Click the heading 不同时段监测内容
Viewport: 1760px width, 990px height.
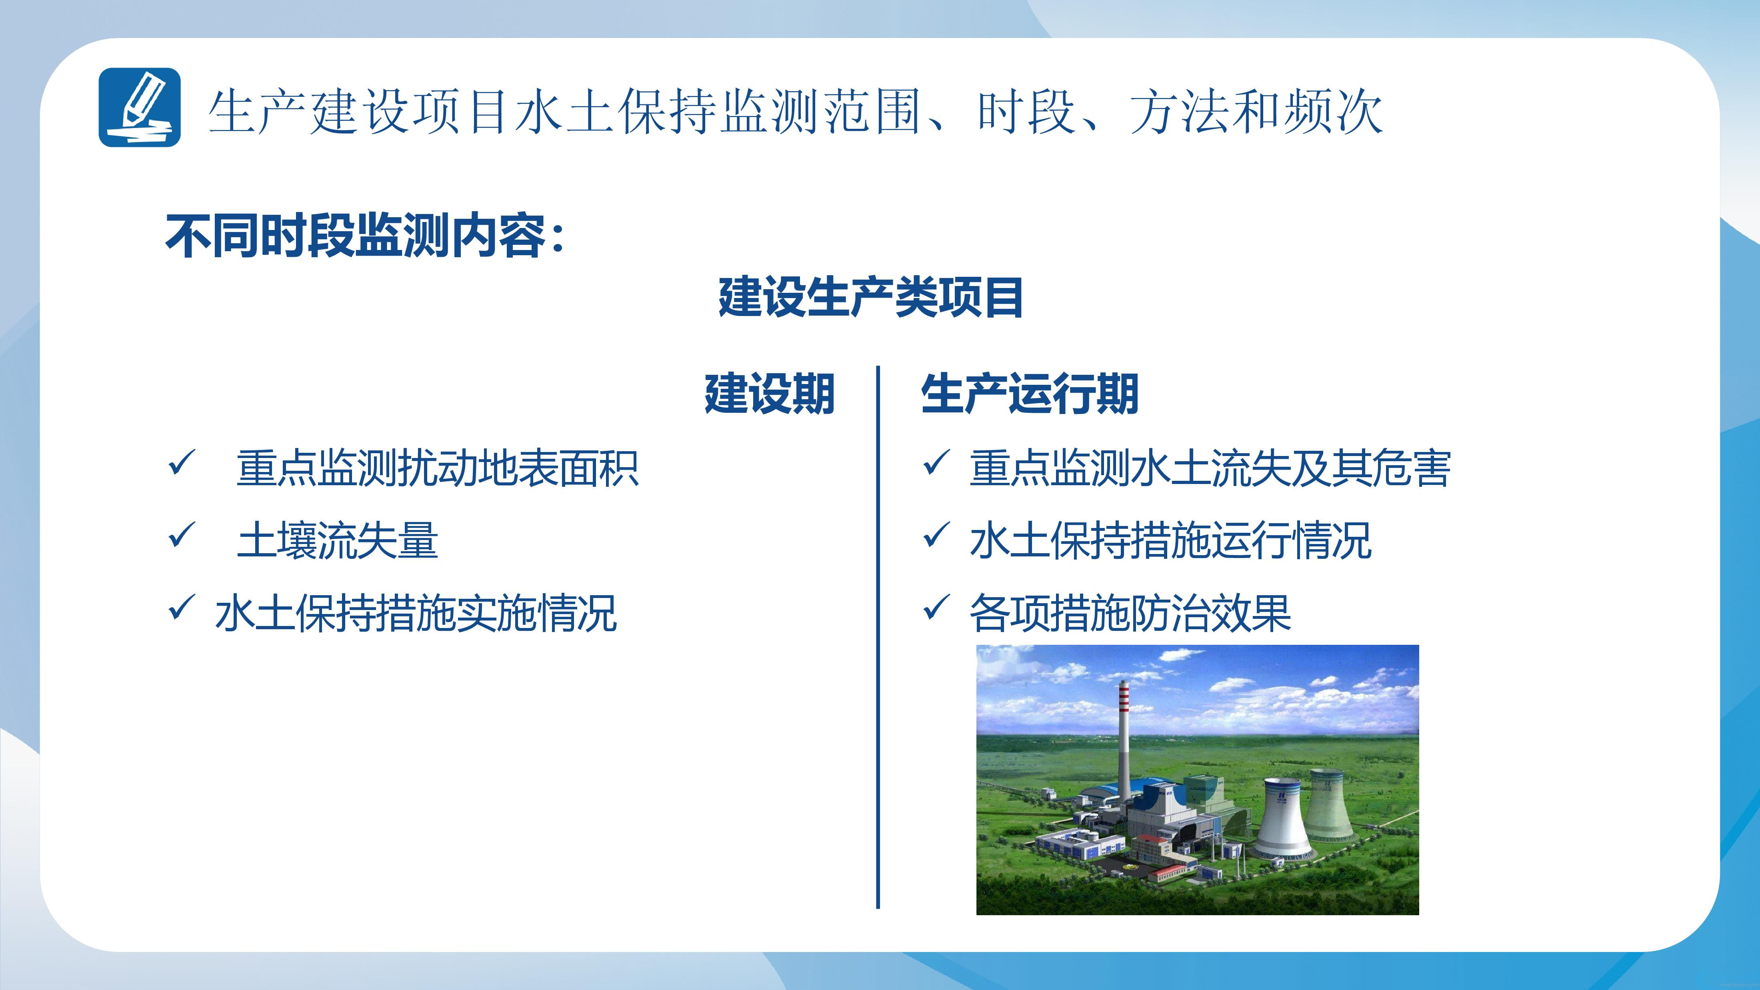click(x=355, y=236)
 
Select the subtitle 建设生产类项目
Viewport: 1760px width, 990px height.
click(x=870, y=298)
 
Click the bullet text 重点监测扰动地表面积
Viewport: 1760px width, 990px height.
click(x=437, y=469)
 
